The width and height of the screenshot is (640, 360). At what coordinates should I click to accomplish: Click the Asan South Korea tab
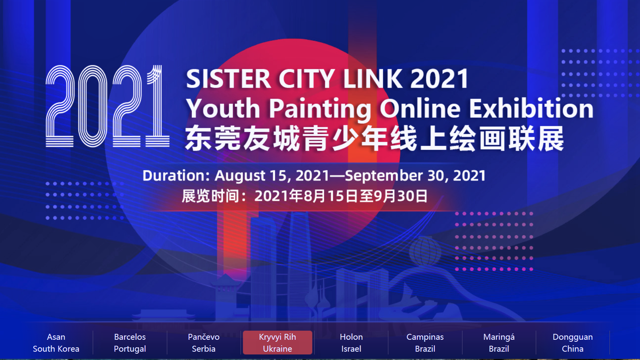click(56, 343)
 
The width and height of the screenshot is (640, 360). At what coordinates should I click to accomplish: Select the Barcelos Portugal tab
click(130, 343)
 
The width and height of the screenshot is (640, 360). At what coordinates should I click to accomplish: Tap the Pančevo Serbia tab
click(203, 343)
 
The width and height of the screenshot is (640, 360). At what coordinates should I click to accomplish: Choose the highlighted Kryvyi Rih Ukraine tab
click(277, 343)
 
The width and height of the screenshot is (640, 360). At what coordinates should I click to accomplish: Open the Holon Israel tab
click(351, 343)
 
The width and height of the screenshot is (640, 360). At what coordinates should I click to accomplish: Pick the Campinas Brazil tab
click(425, 343)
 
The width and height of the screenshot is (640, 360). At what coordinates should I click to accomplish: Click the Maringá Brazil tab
click(499, 343)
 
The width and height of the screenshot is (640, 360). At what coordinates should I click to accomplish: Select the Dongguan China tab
click(573, 343)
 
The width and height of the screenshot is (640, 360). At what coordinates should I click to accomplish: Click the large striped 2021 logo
click(107, 106)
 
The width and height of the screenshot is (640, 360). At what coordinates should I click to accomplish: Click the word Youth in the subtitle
click(223, 108)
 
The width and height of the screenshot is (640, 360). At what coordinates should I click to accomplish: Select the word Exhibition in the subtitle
click(531, 108)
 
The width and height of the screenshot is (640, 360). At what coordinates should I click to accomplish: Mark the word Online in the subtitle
click(420, 108)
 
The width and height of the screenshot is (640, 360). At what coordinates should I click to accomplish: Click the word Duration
click(176, 175)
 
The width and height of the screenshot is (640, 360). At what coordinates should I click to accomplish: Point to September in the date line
click(384, 176)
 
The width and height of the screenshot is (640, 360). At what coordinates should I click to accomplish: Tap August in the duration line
click(240, 176)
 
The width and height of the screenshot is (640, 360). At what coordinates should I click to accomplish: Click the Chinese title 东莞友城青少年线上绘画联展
click(374, 139)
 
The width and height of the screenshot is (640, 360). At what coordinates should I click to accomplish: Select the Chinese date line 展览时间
click(305, 196)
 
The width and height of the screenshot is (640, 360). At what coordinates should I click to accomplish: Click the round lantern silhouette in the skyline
click(425, 252)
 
